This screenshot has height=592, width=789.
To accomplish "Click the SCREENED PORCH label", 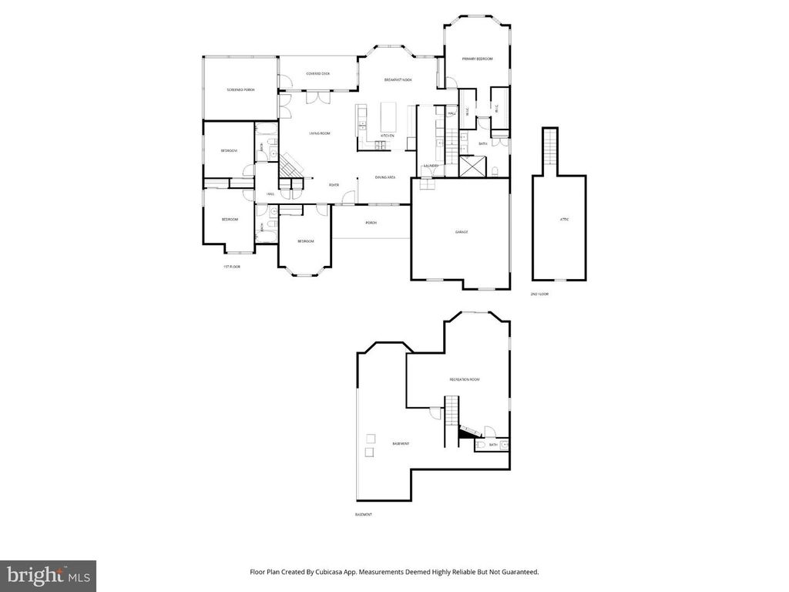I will [x=240, y=90].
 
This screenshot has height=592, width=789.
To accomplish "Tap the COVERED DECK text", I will [x=317, y=74].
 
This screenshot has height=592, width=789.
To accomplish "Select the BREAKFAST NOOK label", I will [x=398, y=80].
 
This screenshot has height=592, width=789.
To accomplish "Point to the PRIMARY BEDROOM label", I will [x=477, y=59].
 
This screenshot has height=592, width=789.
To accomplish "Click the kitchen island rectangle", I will [x=388, y=116].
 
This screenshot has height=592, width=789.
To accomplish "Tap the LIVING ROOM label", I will [x=319, y=134].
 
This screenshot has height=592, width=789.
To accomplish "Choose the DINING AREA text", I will [x=385, y=178].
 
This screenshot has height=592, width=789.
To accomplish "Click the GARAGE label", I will [x=461, y=232].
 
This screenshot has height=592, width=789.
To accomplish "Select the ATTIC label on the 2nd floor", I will [x=564, y=220].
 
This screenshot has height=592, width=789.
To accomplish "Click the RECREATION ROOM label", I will [x=465, y=380].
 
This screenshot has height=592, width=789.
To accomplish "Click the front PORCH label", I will [x=371, y=224].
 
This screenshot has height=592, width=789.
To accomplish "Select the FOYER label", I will [x=334, y=185].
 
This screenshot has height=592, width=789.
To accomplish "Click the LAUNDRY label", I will [x=431, y=166].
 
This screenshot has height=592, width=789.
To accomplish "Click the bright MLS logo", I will [x=48, y=575].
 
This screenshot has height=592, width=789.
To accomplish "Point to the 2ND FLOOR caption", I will [x=539, y=294].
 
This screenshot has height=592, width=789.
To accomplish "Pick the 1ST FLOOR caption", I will [x=231, y=267].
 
